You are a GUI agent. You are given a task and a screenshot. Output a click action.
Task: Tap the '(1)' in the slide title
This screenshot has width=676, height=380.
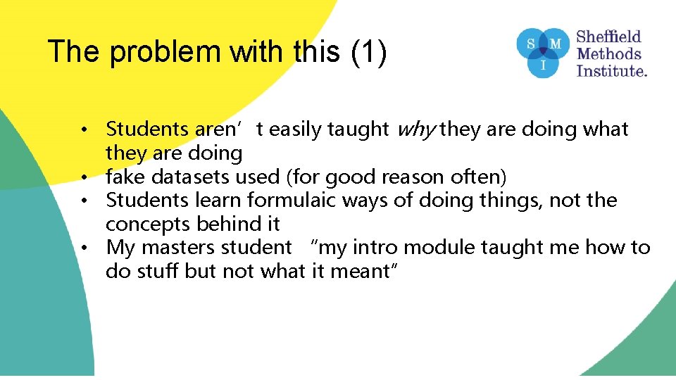coord(368,53)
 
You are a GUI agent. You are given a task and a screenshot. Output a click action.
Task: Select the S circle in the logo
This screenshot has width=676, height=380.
coord(531,44)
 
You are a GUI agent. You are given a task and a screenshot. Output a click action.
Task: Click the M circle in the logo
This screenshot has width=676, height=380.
coord(556,44)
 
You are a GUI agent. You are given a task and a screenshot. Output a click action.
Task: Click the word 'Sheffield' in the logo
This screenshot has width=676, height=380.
coord(609,36)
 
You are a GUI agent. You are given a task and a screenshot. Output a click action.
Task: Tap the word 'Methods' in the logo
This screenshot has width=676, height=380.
coord(609,53)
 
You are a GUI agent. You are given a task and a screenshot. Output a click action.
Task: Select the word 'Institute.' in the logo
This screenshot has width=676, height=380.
coord(612,70)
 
